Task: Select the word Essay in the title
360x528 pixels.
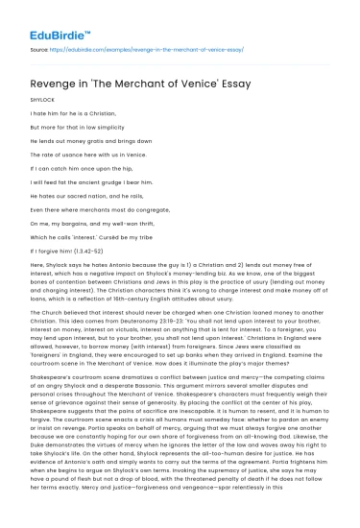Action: tap(230, 84)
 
